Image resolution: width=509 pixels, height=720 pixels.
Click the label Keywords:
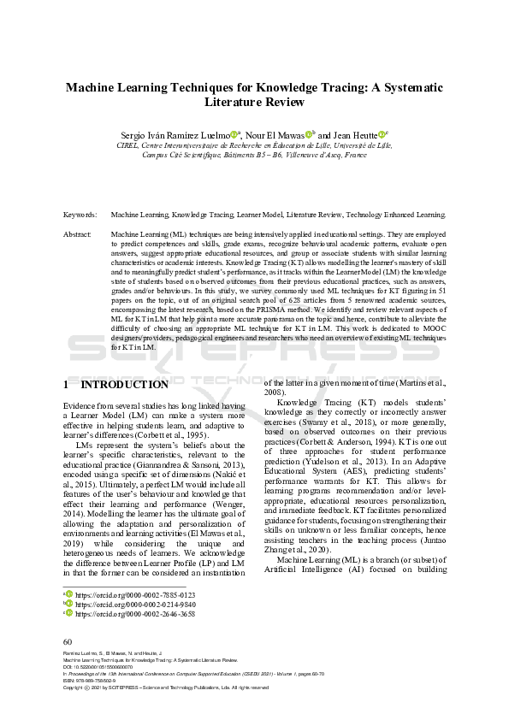coord(80,215)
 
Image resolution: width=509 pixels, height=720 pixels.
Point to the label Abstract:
coord(78,233)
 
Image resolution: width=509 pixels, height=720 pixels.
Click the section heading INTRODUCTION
coord(137,385)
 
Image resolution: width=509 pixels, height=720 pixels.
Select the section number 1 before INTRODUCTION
coord(68,385)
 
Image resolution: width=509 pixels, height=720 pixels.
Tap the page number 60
coord(68,641)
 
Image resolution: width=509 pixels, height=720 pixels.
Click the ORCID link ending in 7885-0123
coord(135,593)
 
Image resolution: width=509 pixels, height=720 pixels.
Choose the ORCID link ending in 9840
coord(135,603)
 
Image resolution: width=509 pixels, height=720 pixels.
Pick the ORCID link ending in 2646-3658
coord(135,613)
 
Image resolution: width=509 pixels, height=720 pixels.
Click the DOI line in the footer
coord(99,668)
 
